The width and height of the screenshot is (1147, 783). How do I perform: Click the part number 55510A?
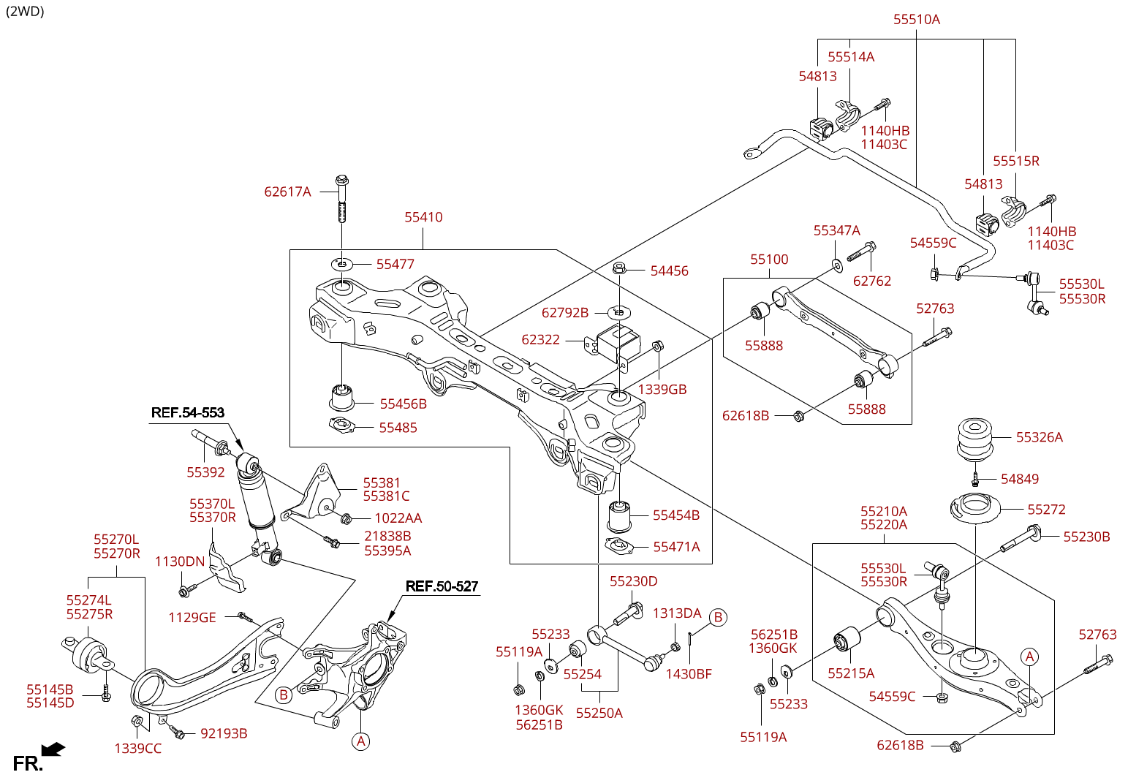coord(916,20)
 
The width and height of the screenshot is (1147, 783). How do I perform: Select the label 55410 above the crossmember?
coord(423,217)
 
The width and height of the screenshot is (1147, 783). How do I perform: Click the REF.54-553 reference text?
coord(187,413)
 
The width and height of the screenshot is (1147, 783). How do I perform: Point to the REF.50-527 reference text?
coord(442,586)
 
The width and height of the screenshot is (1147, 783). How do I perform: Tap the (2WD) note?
coord(25,11)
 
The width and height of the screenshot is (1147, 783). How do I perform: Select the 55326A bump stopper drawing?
coord(974,439)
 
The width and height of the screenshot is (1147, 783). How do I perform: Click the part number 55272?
coord(1046,510)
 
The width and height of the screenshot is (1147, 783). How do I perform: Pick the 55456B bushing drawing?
coord(341,396)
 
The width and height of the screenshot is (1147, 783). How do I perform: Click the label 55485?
coord(398,428)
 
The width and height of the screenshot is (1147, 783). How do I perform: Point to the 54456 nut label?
coord(669,271)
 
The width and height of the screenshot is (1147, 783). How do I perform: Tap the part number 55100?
coord(769,260)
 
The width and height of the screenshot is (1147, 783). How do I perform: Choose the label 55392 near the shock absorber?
coord(205,472)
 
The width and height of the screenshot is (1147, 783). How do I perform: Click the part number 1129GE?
coord(192,618)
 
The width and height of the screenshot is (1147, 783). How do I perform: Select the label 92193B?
coord(224,733)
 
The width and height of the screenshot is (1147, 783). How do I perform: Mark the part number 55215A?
coord(851,673)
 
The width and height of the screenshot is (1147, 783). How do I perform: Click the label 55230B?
coord(1086,537)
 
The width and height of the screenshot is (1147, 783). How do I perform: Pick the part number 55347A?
coord(836,231)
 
